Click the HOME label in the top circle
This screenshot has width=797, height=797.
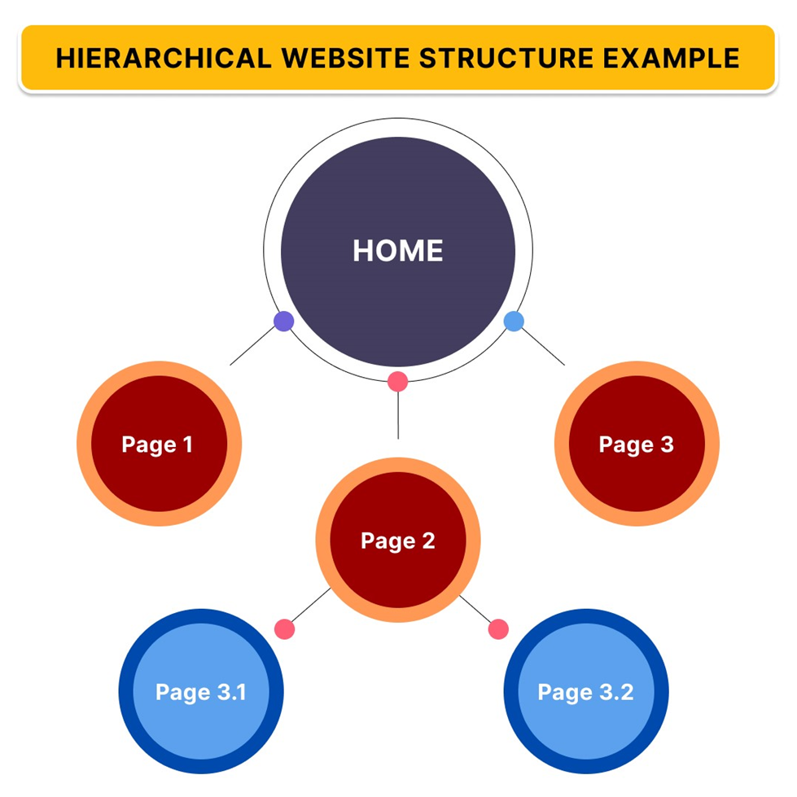(397, 251)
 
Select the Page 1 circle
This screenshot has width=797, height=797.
(159, 444)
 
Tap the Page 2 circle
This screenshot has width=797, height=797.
(398, 541)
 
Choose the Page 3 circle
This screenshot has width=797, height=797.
(637, 444)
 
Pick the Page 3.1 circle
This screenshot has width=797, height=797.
(200, 692)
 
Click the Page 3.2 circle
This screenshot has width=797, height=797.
(586, 692)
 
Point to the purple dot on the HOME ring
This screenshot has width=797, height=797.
(283, 321)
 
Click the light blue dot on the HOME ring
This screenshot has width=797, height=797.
(513, 321)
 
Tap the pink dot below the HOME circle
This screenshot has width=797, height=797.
(397, 380)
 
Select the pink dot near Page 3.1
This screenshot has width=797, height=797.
(284, 628)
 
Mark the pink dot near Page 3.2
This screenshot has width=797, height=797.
(498, 628)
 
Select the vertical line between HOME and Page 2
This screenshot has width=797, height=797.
(397, 415)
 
